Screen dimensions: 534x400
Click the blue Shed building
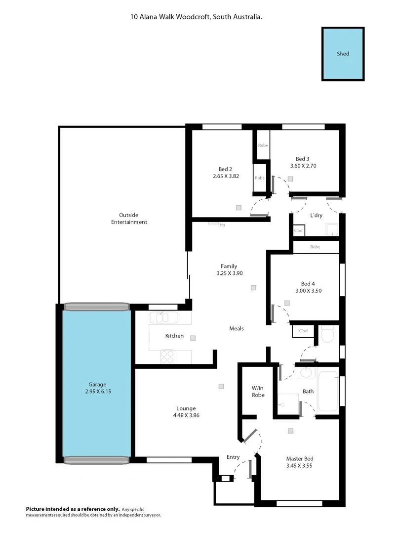click(x=343, y=54)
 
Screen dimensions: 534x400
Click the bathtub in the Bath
click(x=328, y=391)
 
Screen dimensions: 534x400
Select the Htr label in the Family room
click(x=222, y=225)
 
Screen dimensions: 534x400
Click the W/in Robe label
click(x=258, y=391)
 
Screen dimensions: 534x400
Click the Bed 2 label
click(x=225, y=168)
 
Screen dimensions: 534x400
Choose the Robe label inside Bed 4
click(x=315, y=247)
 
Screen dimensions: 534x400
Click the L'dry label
click(x=316, y=216)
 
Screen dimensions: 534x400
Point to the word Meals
click(x=236, y=329)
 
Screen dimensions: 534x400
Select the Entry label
click(x=233, y=457)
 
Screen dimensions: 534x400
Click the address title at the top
click(x=196, y=17)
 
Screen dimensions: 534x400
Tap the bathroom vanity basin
click(x=307, y=373)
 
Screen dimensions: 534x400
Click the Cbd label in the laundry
click(x=298, y=230)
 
